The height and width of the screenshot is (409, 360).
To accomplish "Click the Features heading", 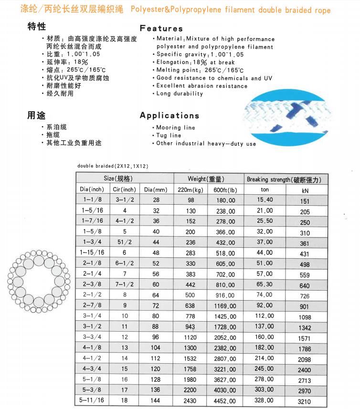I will click(x=161, y=28).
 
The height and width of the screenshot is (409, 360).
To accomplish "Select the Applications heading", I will click(x=169, y=115).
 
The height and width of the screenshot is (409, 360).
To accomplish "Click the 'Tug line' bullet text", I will click(x=169, y=136).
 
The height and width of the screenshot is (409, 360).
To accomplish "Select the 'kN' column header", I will click(x=305, y=190).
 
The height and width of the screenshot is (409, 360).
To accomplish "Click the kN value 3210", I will click(x=305, y=401).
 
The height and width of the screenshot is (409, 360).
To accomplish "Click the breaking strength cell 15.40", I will click(x=265, y=199).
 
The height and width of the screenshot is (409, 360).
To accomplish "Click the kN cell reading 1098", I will click(x=305, y=317).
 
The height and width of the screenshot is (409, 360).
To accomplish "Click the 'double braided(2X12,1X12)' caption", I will click(x=113, y=166).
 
